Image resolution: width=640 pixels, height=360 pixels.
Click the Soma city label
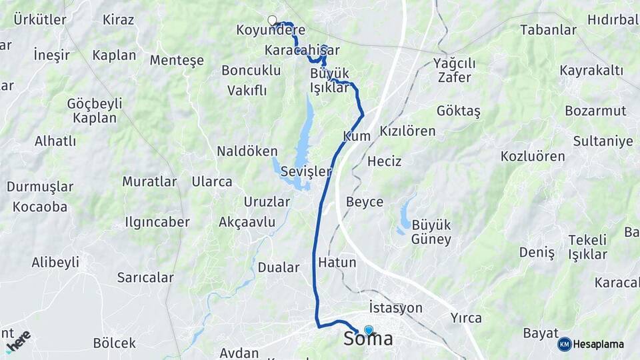(368, 339)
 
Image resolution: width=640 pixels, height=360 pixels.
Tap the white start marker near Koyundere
(272, 20)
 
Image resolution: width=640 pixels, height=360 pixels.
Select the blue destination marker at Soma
(369, 329)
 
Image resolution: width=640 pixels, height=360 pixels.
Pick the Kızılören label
(407, 131)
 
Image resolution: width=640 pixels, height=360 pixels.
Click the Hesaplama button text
(598, 344)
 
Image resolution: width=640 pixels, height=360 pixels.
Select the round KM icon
(565, 344)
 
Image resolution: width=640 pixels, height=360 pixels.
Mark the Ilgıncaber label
(157, 222)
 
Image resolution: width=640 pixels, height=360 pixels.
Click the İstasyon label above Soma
(395, 308)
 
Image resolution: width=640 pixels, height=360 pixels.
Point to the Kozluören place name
(533, 157)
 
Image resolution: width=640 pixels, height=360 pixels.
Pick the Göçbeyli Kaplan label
(95, 111)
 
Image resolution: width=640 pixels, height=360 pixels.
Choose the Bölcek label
(115, 343)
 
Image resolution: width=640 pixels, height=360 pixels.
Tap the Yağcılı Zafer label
(454, 70)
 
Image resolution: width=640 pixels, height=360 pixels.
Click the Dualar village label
(279, 267)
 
